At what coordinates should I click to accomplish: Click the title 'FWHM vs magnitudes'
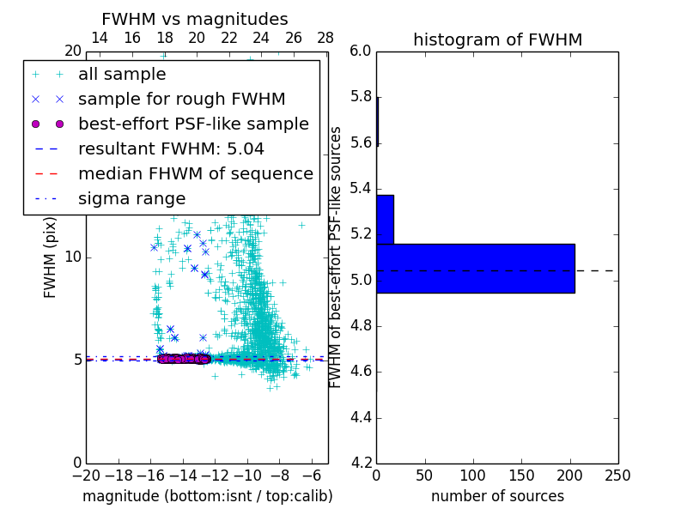[195, 19]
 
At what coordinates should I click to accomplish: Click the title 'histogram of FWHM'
[497, 39]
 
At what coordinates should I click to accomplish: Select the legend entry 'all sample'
[122, 75]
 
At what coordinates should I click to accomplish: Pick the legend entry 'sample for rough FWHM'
[181, 99]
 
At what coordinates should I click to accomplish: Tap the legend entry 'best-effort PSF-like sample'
[193, 124]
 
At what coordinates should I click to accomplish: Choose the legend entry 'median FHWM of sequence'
[195, 173]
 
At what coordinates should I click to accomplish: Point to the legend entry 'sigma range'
[131, 198]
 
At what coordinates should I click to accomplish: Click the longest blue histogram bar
[475, 268]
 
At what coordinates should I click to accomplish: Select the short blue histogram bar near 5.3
[385, 219]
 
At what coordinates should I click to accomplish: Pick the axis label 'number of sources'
[497, 496]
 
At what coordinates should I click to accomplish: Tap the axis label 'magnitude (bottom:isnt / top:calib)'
[207, 496]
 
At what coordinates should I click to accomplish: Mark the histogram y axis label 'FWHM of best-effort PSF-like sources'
[337, 257]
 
